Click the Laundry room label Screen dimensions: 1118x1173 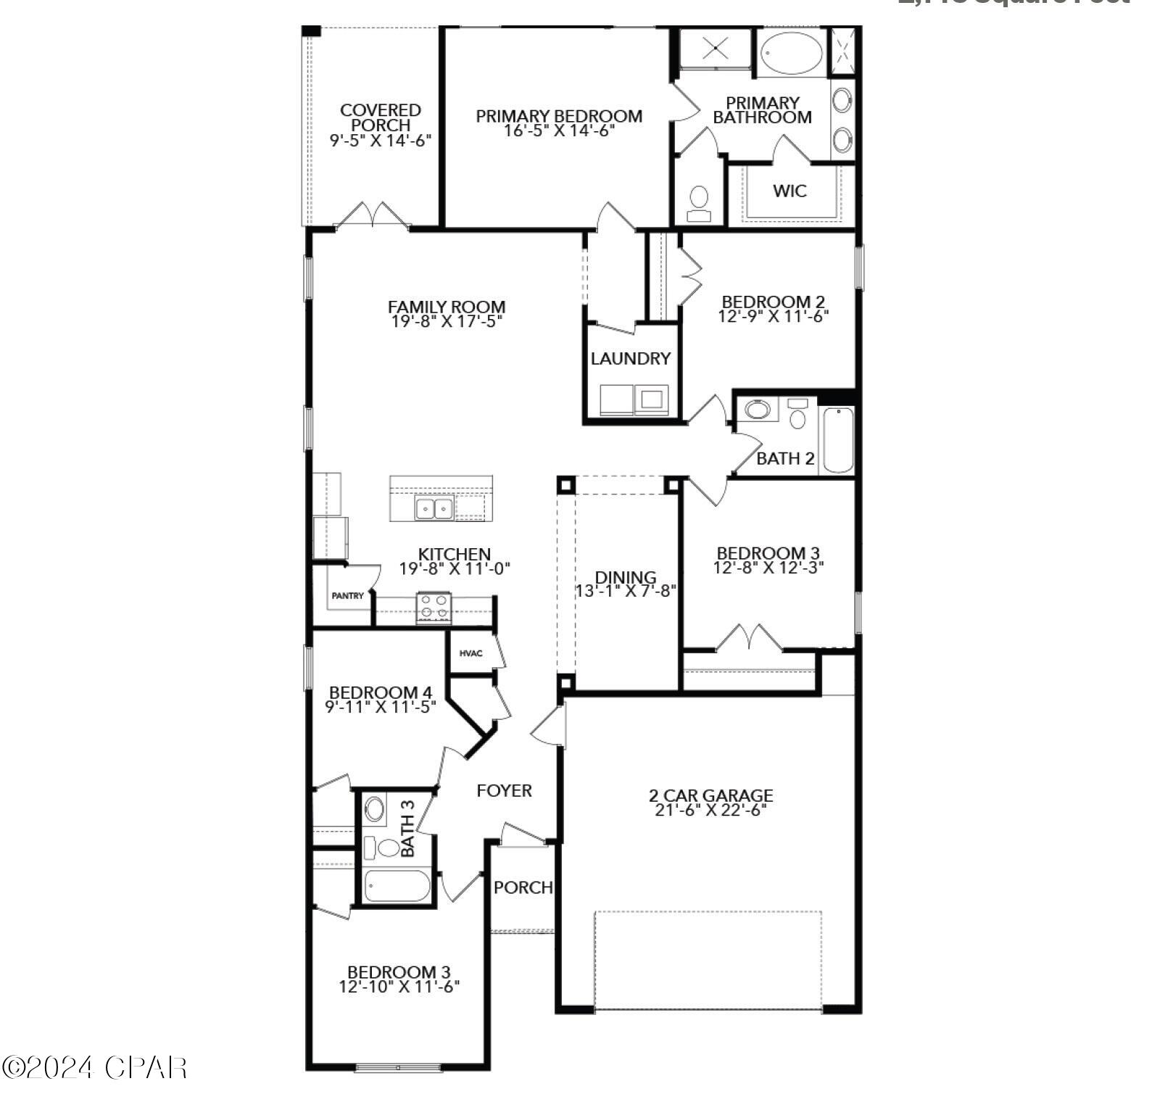[x=630, y=358]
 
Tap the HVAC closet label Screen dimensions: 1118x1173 [x=471, y=653]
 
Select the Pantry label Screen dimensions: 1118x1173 [x=348, y=596]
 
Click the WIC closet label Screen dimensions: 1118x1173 [x=789, y=191]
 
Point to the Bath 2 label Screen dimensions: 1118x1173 [x=785, y=459]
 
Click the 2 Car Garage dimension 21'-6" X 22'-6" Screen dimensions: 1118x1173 [x=710, y=811]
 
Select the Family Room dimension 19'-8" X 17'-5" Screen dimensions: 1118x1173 [x=447, y=321]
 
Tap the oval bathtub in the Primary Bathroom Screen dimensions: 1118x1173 [x=791, y=53]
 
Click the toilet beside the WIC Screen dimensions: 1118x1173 [x=699, y=203]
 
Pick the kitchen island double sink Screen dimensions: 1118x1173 [x=434, y=508]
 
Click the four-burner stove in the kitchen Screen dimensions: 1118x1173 [x=434, y=608]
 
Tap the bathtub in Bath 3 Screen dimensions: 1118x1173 [x=397, y=886]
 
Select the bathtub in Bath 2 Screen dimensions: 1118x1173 [x=838, y=440]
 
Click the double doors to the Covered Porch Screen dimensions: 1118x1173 [x=373, y=215]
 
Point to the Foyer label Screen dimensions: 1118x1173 [x=504, y=790]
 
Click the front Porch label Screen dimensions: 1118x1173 [x=523, y=887]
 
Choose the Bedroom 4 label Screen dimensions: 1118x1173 [x=381, y=692]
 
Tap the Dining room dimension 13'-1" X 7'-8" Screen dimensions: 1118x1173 [x=625, y=591]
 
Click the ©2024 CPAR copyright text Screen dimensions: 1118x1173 [x=94, y=1067]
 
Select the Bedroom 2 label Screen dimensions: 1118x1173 [x=773, y=301]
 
